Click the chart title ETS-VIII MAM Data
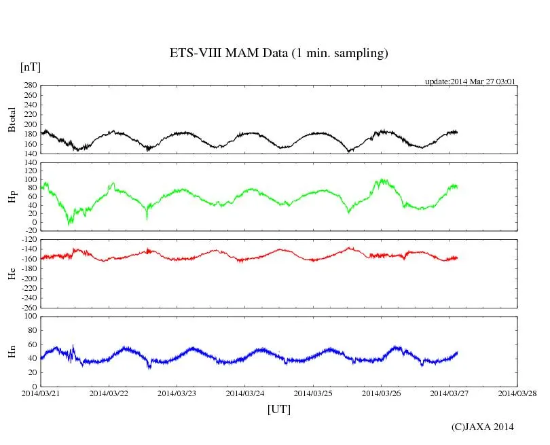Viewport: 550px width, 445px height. [278, 53]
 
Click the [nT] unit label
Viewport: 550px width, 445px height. [31, 67]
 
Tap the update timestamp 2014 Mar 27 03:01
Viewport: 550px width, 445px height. [471, 82]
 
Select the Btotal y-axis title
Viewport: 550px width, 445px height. [12, 120]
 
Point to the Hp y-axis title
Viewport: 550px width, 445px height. [12, 196]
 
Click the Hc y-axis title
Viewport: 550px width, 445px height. [12, 273]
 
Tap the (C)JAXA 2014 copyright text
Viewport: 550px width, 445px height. [483, 427]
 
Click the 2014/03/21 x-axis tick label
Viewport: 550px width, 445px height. [41, 393]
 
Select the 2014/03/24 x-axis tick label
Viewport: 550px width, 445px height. [245, 393]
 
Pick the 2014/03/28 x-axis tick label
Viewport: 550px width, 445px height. [517, 393]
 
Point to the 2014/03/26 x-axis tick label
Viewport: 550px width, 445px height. [381, 393]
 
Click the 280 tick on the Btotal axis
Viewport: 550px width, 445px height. [29, 86]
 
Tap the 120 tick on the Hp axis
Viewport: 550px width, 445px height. [29, 163]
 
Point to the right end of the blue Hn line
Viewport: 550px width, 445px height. [457, 353]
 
